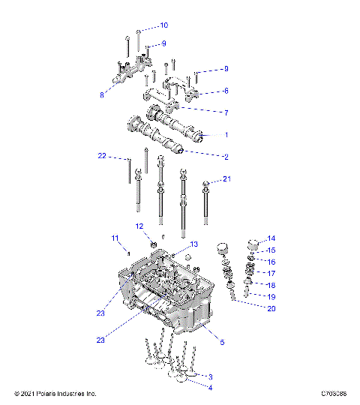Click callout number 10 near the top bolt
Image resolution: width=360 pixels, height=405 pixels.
pos(163,25)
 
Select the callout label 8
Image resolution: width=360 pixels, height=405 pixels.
pos(102,95)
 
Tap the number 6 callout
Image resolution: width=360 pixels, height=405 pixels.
pos(225,91)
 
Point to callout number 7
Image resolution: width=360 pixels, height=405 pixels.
pos(225,112)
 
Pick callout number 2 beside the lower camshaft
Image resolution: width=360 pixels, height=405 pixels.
pos(225,157)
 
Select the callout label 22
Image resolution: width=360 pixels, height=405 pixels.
pos(102,156)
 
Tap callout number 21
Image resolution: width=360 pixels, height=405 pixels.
pos(227,179)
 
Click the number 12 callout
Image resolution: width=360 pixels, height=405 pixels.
pos(139,226)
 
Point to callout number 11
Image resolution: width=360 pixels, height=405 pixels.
pos(115,238)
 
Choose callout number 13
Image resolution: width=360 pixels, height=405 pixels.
pos(193,244)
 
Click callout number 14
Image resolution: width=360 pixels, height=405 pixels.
pos(271,238)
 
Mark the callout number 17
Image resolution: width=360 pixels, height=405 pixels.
pos(271,273)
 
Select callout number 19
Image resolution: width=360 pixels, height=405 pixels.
pos(271,297)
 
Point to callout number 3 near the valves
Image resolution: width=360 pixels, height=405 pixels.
pos(211,376)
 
